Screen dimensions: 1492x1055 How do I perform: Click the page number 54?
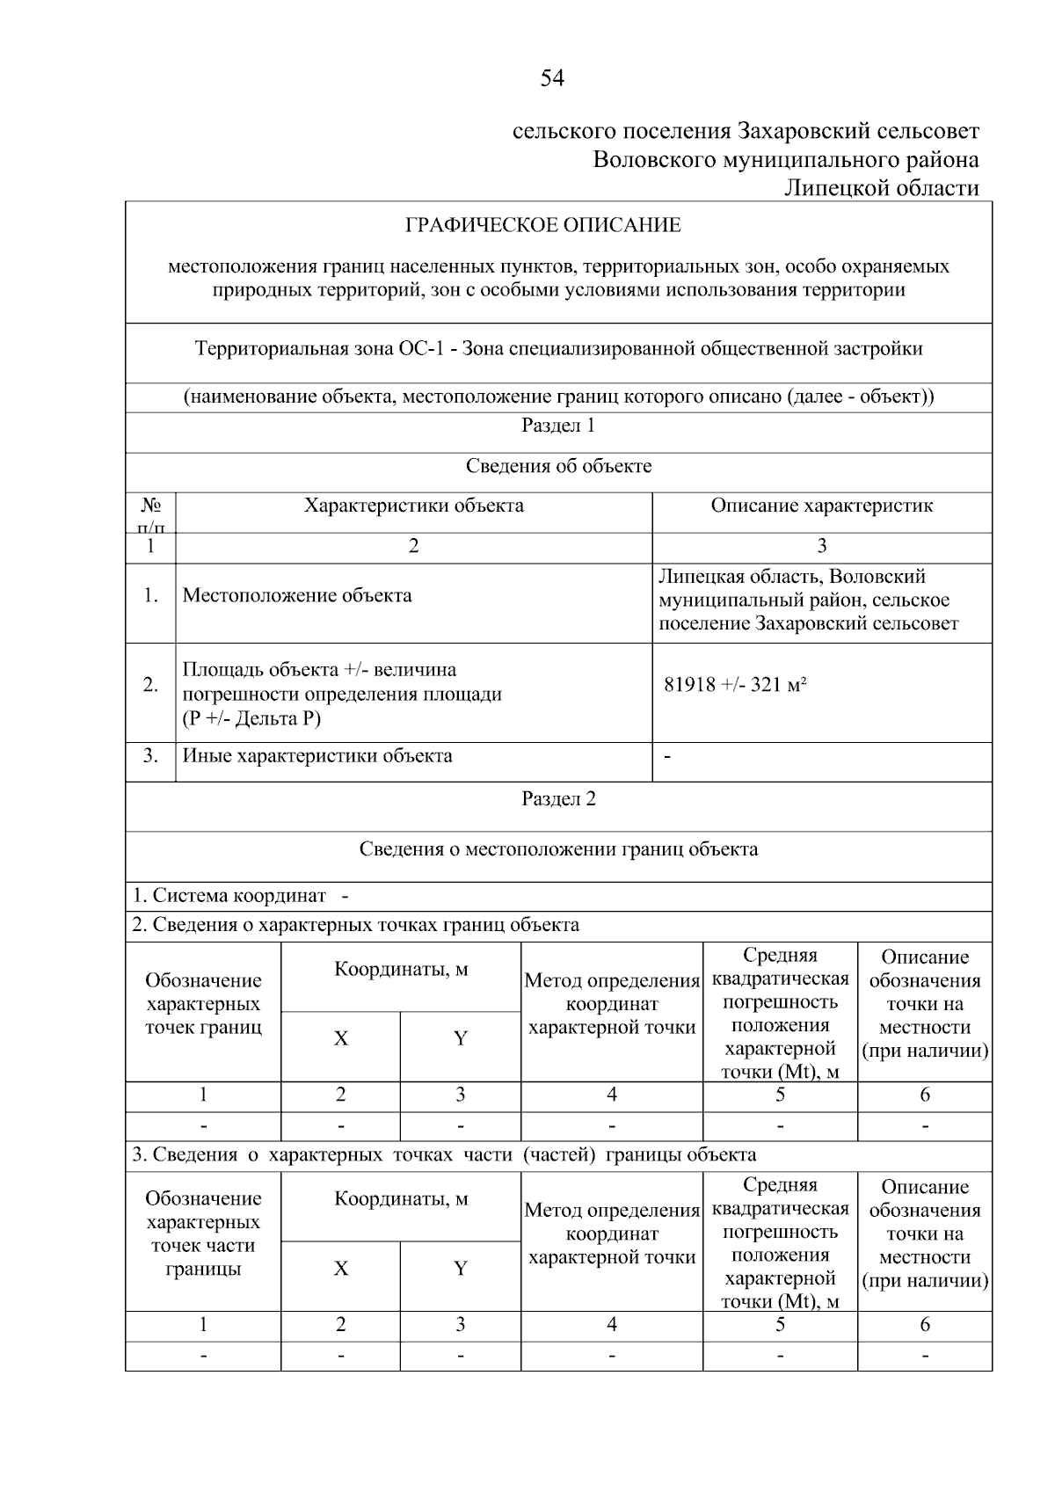click(551, 79)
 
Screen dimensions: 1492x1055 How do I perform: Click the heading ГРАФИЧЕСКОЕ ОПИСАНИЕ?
click(542, 226)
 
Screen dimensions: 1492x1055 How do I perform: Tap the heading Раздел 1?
click(558, 426)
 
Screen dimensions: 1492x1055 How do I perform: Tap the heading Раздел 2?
click(558, 799)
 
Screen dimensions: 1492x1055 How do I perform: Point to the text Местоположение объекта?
click(297, 596)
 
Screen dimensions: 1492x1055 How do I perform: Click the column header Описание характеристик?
click(821, 506)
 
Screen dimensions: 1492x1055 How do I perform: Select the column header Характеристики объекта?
click(413, 506)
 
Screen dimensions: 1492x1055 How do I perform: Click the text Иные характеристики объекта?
click(317, 756)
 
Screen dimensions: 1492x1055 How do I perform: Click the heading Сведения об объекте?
click(558, 467)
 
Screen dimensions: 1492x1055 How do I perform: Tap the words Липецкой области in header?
click(881, 188)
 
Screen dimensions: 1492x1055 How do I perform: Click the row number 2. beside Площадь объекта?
click(150, 685)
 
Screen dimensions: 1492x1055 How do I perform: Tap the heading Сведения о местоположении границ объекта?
click(558, 849)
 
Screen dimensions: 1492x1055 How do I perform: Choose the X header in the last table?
click(340, 1269)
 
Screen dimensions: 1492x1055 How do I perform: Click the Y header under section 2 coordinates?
click(460, 1039)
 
